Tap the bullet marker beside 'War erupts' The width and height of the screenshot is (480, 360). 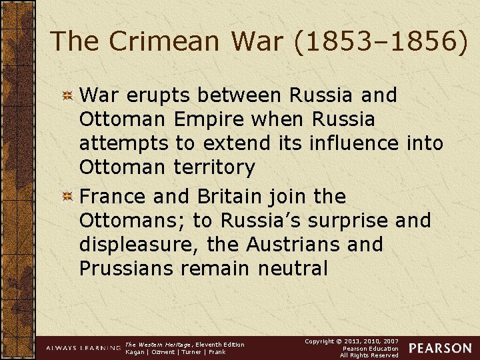[x=67, y=96]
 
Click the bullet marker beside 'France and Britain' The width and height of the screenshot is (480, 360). [x=67, y=197]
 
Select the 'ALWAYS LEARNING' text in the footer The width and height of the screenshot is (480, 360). [x=83, y=349]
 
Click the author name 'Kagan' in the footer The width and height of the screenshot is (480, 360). [x=137, y=352]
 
